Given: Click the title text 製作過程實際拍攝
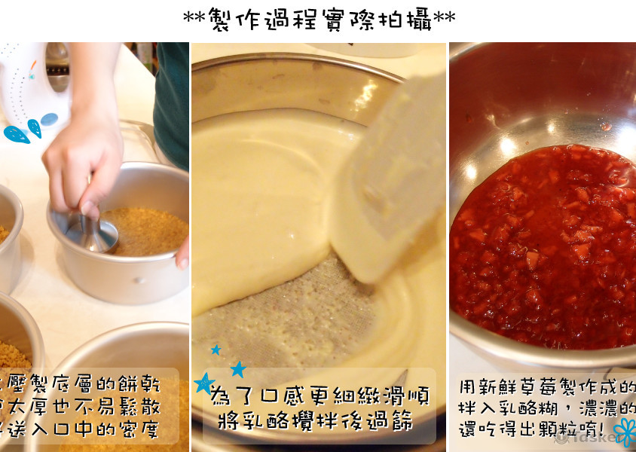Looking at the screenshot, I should (319, 18).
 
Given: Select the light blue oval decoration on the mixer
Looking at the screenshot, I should (49, 119).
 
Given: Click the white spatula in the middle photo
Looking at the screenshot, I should (388, 188).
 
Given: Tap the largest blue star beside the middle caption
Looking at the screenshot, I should (204, 383).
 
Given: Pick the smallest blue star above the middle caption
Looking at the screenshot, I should (216, 350).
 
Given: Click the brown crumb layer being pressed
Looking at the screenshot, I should (147, 230).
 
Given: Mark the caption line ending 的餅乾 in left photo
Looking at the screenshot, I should (83, 385).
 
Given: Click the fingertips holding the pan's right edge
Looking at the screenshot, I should (182, 256).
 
